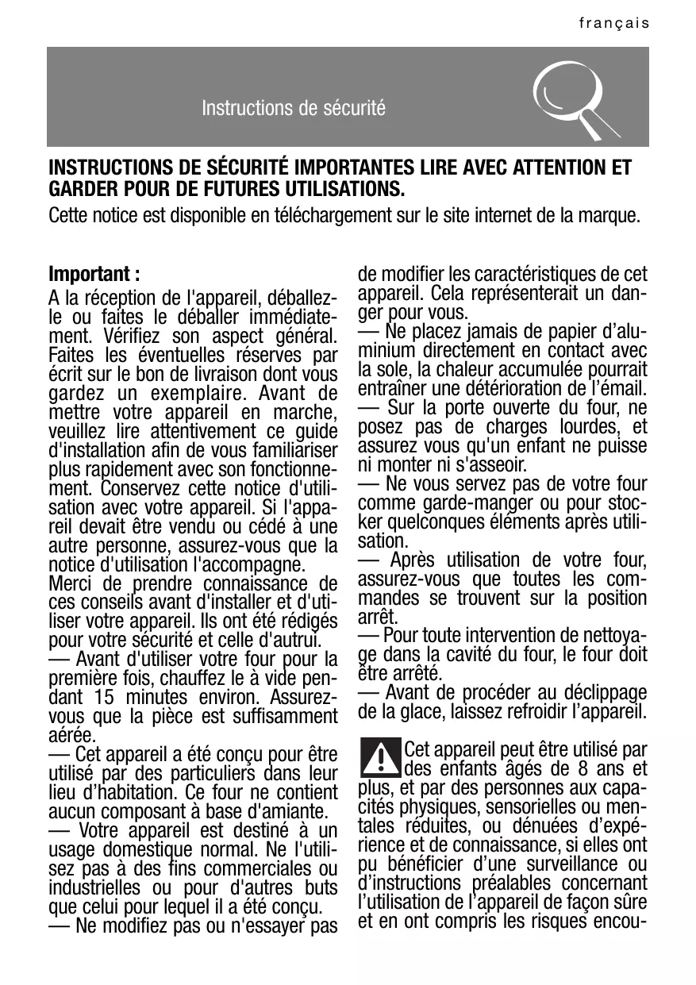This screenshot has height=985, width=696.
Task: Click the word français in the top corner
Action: pos(613,24)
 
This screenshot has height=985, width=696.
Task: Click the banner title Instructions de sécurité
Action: pos(294,107)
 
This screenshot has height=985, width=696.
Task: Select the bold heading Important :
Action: pos(95,275)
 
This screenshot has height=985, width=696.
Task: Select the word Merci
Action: pos(68,586)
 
